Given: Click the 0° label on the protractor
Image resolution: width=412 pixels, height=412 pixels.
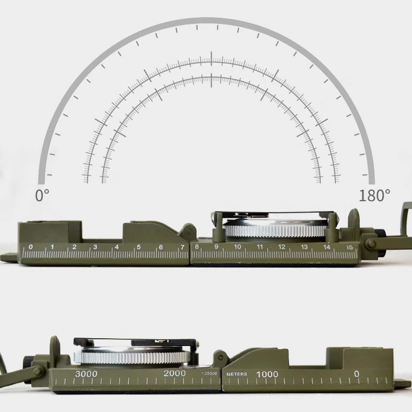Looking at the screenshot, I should click(x=42, y=195).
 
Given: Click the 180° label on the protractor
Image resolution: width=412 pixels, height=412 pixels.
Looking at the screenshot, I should click(x=374, y=195).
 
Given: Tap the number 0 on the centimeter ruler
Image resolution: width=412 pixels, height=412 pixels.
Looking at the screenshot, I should click(x=31, y=247).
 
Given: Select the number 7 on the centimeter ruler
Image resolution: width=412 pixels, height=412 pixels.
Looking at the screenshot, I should click(x=182, y=247).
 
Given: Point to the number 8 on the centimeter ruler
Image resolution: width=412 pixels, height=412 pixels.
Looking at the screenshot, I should click(x=196, y=247).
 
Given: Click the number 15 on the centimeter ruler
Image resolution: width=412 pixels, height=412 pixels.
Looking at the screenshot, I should click(x=350, y=247).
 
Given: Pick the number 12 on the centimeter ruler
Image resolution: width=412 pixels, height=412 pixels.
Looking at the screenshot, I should click(x=282, y=247).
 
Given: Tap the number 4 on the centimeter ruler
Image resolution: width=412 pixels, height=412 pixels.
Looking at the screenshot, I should click(x=117, y=247).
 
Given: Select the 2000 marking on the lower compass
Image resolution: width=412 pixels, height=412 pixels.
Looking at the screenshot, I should click(x=174, y=374).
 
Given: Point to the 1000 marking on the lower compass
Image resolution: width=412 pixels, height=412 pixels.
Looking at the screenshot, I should click(x=267, y=374).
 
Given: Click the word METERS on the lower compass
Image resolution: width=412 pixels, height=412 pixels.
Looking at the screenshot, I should click(x=237, y=374).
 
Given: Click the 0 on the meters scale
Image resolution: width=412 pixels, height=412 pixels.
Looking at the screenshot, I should click(x=356, y=374).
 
